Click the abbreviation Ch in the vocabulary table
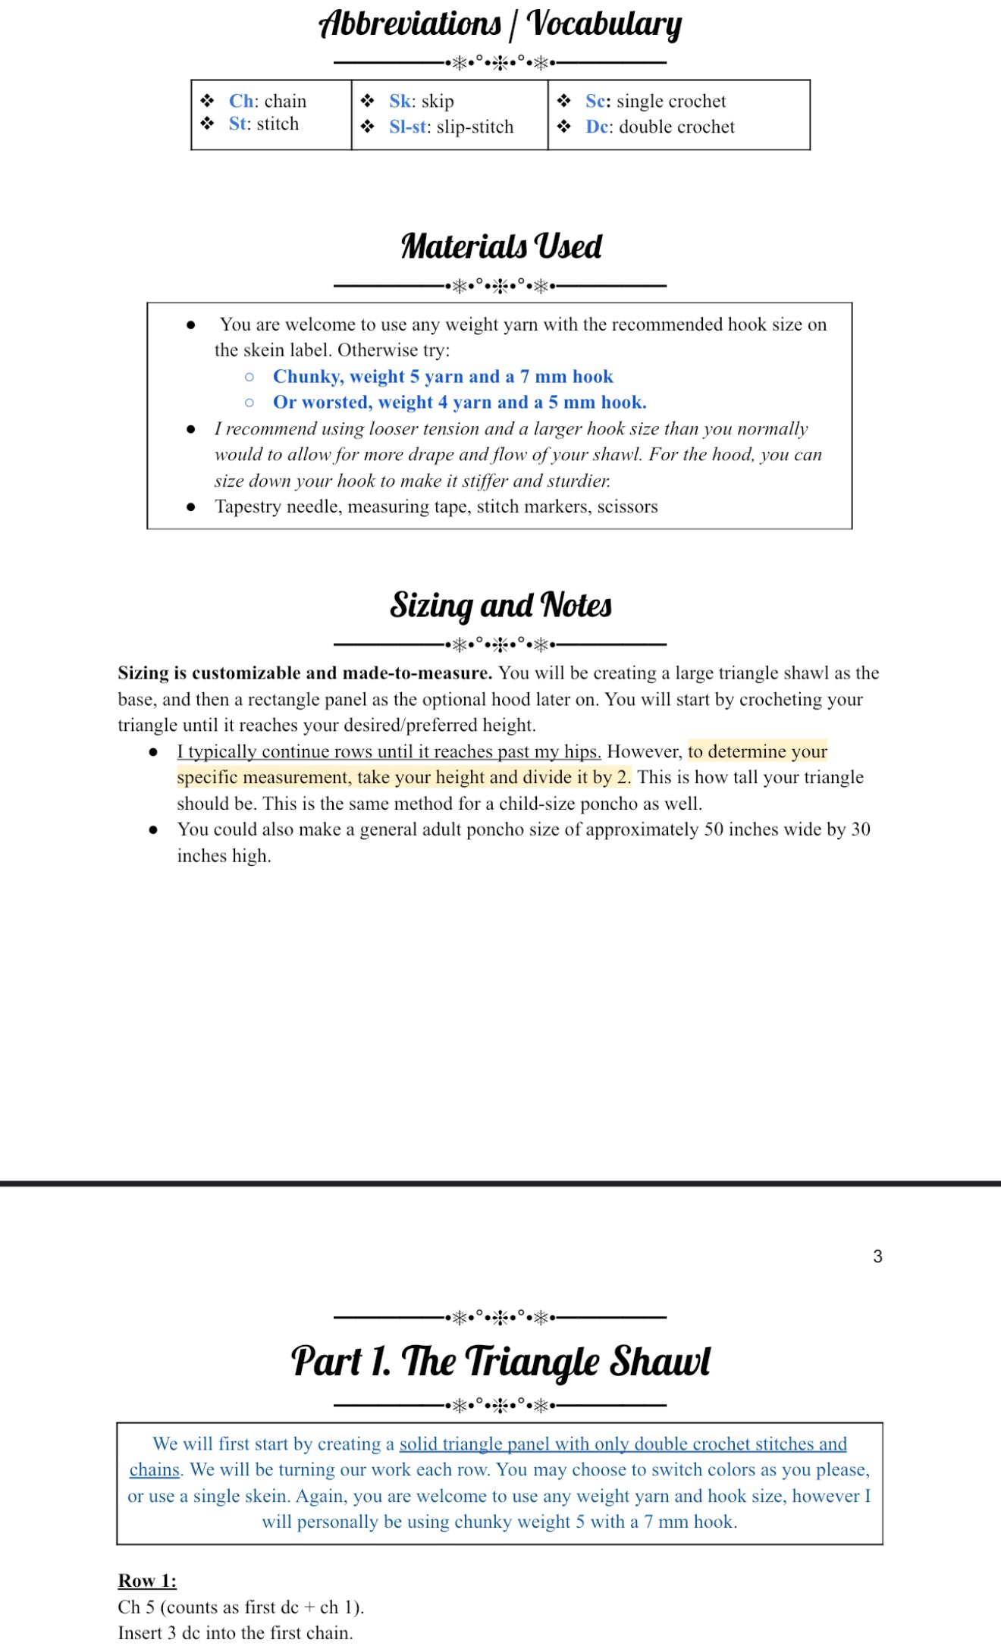241,101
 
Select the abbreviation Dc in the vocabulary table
598,127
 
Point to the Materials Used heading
500,246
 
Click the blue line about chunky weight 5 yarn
443,377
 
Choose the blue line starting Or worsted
460,403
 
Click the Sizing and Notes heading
500,606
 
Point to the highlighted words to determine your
757,751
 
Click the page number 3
877,1256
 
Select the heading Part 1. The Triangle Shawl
500,1361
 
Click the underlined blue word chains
155,1470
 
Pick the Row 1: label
147,1581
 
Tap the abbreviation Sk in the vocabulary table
400,101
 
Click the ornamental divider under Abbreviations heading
500,63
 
